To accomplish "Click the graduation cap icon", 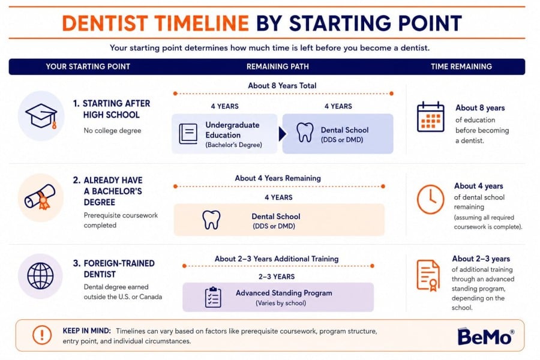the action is pos(41,116).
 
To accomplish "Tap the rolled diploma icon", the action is pos(40,197).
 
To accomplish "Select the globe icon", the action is pos(40,276).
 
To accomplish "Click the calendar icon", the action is pos(430,117).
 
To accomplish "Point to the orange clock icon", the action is pos(430,199).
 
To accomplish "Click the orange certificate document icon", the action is pos(428,275).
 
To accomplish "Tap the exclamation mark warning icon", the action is pos(42,335).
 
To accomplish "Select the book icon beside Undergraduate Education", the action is pos(188,134).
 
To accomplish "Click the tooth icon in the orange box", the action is pos(211,220).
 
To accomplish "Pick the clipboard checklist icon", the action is pos(213,297).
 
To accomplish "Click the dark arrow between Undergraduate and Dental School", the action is pos(283,134).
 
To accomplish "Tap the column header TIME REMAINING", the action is pos(461,67).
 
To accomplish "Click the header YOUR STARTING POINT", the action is pos(88,67).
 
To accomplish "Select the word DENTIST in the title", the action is pos(105,23).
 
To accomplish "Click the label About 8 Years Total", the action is pos(282,85).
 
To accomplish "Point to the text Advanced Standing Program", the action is pos(284,293).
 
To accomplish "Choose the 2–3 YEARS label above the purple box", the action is pos(277,277).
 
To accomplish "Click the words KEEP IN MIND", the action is pos(87,331).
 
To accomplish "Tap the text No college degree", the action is pos(112,131).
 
